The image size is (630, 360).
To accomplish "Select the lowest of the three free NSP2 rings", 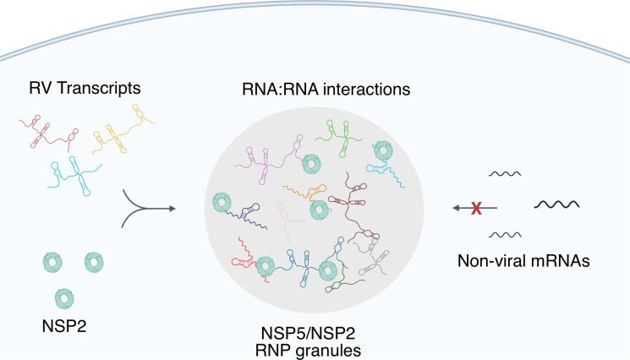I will coord(63,297).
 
